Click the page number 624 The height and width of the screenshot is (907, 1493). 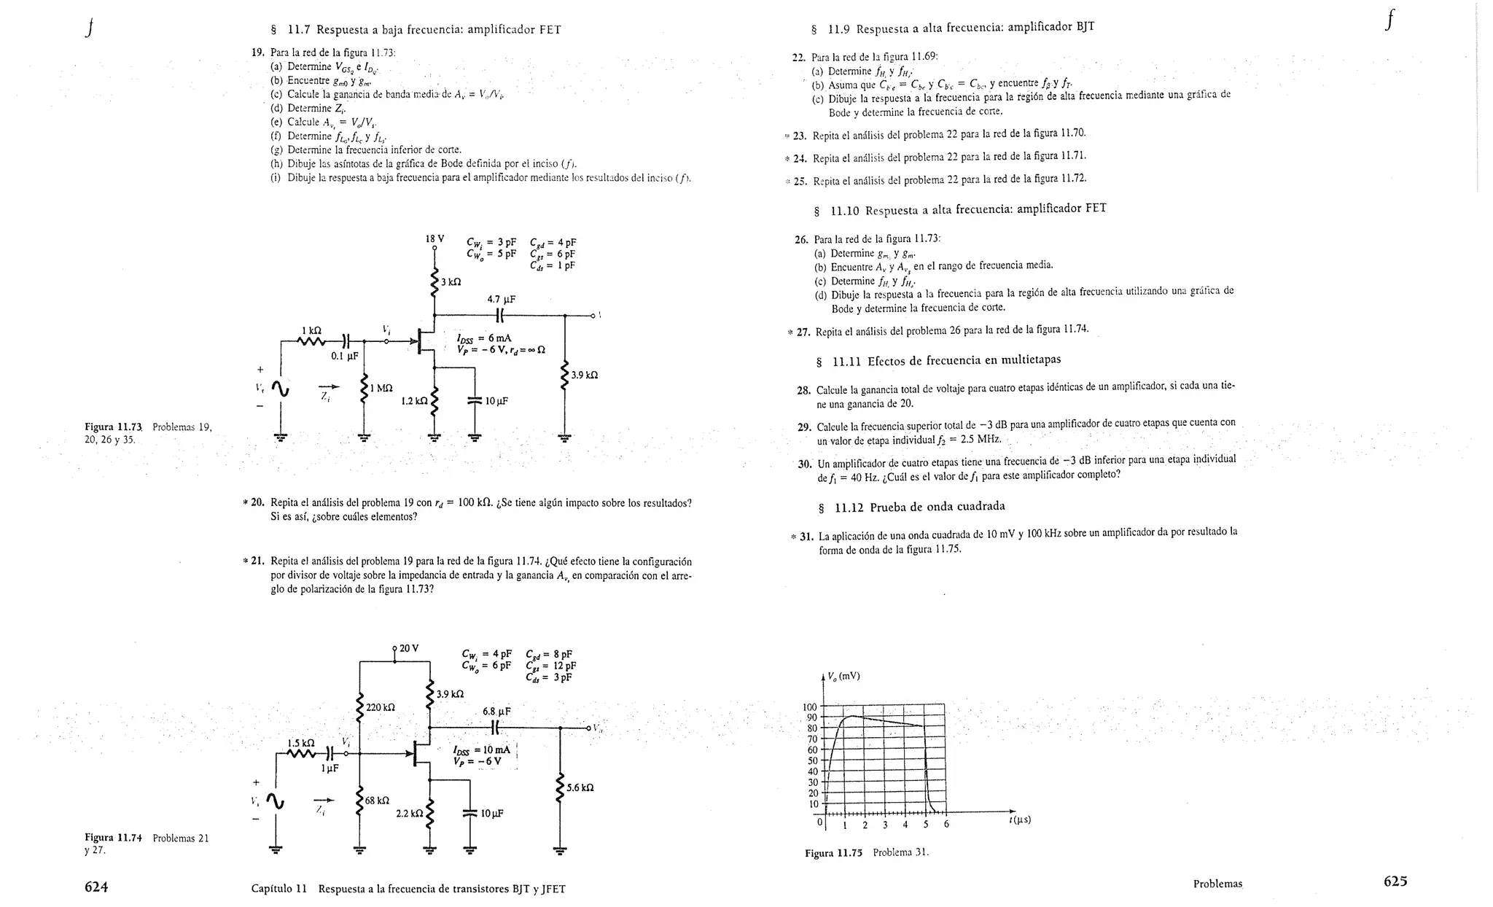pos(96,887)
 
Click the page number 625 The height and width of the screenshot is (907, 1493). pos(1395,881)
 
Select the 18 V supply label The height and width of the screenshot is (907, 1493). pos(434,238)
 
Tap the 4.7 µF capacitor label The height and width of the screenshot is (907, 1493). pos(501,299)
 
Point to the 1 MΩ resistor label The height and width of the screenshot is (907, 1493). pos(381,388)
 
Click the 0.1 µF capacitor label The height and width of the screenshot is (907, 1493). pos(344,356)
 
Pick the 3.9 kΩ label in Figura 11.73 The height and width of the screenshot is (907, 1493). pos(584,375)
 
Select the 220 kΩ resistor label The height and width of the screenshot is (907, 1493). pos(380,707)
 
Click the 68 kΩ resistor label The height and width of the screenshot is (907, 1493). pos(377,801)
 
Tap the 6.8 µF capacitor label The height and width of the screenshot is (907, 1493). pos(496,711)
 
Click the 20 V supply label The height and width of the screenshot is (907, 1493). pos(409,647)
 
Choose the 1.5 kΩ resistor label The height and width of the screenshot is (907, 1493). pos(300,743)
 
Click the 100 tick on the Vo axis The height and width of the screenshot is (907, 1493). pos(809,706)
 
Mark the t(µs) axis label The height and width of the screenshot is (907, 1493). pos(1020,820)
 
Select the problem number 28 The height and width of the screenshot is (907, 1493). pos(804,390)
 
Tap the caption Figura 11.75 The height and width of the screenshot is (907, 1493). pos(833,852)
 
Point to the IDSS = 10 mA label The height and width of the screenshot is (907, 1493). pos(481,750)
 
